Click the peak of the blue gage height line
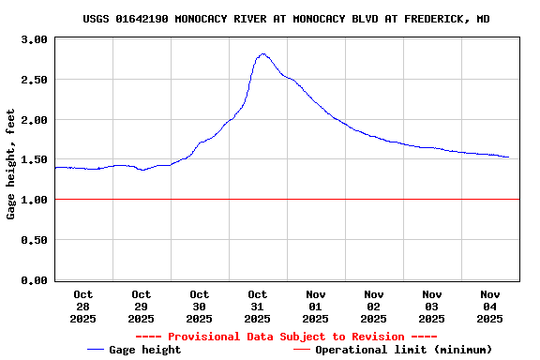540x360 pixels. click(262, 54)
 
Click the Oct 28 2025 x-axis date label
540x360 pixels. click(82, 307)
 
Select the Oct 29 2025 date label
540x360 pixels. click(142, 307)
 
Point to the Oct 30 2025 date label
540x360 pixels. click(200, 307)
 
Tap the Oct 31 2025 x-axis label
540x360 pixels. click(258, 307)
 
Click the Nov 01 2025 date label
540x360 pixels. click(316, 307)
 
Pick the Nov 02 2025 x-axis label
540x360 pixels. click(374, 307)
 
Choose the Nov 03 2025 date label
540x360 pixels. click(432, 307)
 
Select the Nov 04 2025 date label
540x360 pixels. click(490, 307)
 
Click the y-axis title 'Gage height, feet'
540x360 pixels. click(11, 164)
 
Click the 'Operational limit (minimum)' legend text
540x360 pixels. click(403, 350)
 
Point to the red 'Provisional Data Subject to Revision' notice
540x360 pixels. click(286, 337)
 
